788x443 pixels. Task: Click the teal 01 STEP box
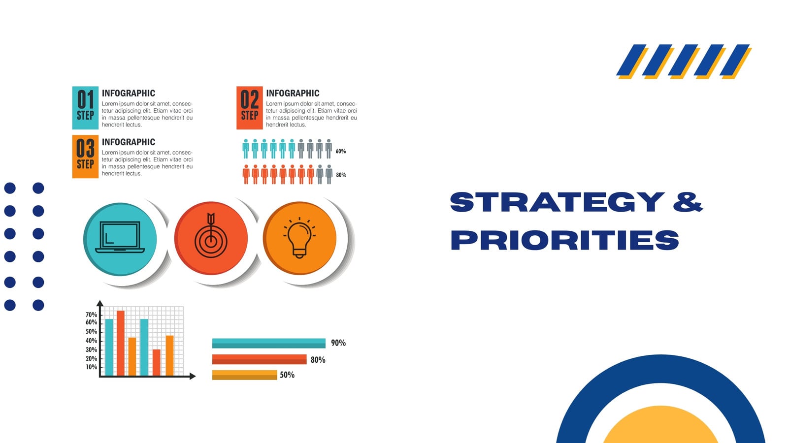[x=86, y=108]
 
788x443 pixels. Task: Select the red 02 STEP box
[x=249, y=108]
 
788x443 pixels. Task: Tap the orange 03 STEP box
[x=86, y=157]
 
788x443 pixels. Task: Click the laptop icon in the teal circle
[x=120, y=237]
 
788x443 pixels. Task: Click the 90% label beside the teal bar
[x=338, y=343]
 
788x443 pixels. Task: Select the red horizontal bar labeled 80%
[x=259, y=359]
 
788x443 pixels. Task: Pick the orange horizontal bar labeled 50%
[x=244, y=375]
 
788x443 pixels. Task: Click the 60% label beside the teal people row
[x=340, y=151]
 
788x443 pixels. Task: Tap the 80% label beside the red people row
[x=341, y=175]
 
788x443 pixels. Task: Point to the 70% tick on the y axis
[x=92, y=315]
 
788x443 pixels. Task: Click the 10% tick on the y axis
[x=92, y=367]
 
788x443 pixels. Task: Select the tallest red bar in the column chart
[x=121, y=344]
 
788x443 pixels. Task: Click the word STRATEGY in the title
[x=557, y=202]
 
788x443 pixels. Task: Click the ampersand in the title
[x=688, y=202]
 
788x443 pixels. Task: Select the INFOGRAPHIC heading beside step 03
[x=129, y=142]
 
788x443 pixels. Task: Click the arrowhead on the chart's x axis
[x=193, y=376]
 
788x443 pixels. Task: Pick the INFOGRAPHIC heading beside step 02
[x=293, y=93]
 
